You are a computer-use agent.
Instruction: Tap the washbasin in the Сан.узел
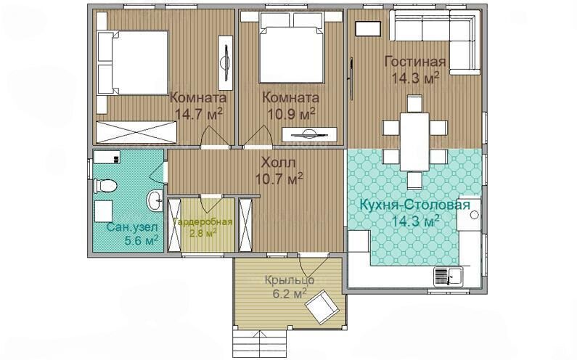pos(155,201)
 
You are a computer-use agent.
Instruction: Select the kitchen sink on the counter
pos(449,276)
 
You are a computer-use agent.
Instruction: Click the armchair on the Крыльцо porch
pos(322,306)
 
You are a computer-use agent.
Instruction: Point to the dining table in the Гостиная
pos(414,142)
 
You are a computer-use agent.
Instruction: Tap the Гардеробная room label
pos(202,222)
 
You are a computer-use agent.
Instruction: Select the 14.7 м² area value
pos(199,114)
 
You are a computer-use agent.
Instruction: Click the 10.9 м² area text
pos(291,114)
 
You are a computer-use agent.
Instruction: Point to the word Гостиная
pos(415,62)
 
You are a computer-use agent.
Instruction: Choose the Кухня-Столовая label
pos(414,205)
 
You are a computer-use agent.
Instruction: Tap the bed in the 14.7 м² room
pos(133,62)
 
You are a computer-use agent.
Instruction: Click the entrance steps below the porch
pos(260,342)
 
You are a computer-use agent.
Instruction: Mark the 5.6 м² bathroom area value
pos(142,241)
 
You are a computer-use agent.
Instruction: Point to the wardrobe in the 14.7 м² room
pos(137,132)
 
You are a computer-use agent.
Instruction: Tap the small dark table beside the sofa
pos(368,29)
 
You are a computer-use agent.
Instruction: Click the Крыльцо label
pos(290,280)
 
